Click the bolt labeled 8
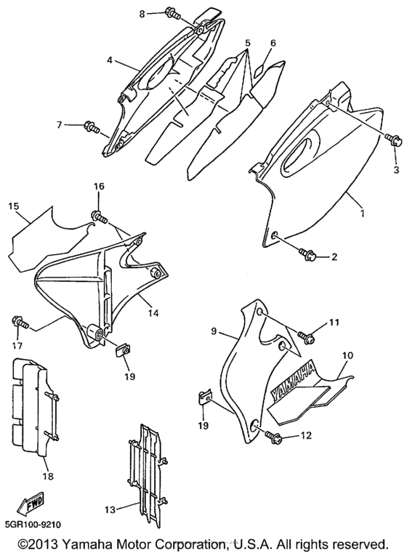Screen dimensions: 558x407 tap(172, 13)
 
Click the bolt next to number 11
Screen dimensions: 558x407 tap(305, 336)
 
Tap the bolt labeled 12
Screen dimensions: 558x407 tap(278, 436)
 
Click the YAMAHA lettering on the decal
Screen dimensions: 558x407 tap(294, 382)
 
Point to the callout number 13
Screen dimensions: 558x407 tap(110, 509)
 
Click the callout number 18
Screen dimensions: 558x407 tap(48, 477)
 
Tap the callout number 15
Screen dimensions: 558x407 tap(14, 206)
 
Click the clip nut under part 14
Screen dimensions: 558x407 tap(124, 351)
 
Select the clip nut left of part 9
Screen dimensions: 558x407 tap(206, 397)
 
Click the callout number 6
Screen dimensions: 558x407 tap(273, 44)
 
